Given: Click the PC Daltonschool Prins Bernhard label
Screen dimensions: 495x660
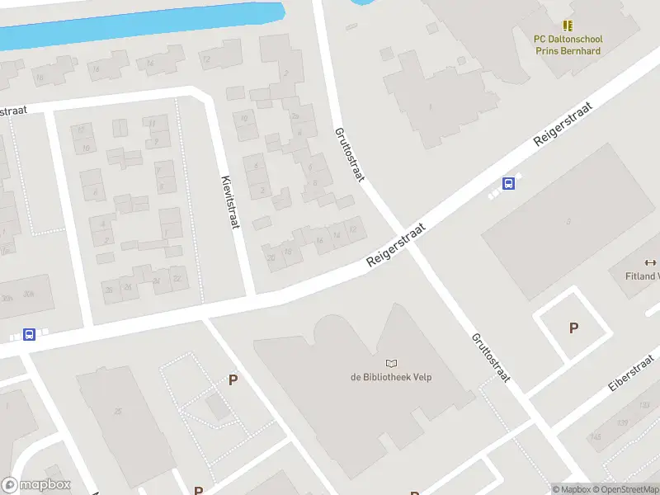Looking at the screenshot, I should tap(568, 45).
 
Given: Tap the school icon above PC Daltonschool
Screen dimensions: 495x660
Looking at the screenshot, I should tap(568, 26).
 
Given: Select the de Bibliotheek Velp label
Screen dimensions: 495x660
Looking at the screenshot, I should tap(391, 378).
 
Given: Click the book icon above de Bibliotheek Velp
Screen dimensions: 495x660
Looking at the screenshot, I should tap(391, 363).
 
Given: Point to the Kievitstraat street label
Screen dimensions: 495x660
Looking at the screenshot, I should tap(230, 201).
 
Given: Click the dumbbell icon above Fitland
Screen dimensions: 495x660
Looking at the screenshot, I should tap(651, 262).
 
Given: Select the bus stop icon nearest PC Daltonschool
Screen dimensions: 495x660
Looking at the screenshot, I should tap(509, 185).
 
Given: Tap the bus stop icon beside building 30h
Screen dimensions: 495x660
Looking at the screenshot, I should tap(30, 334).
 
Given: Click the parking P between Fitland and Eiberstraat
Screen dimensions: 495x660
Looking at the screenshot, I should tap(573, 328).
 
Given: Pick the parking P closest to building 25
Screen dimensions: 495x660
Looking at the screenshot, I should tap(233, 379).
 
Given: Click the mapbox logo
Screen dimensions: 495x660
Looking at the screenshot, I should tap(35, 485).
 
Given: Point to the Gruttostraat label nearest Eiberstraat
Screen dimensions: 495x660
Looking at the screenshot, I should tap(490, 357).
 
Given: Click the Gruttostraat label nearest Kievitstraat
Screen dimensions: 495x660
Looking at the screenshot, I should tap(349, 155).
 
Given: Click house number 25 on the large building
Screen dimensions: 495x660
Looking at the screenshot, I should tap(119, 411).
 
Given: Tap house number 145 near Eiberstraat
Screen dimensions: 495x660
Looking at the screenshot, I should tap(596, 436).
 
